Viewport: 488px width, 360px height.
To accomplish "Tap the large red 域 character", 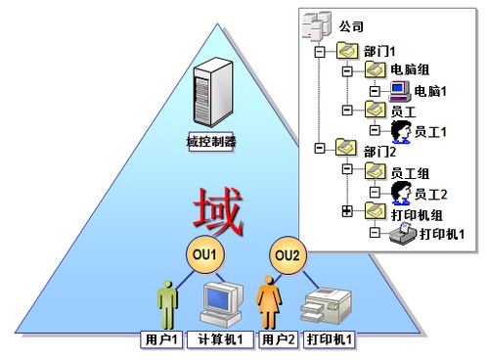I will click(215, 211).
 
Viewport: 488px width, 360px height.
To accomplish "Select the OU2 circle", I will click(287, 255).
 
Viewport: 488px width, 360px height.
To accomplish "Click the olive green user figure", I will click(166, 303).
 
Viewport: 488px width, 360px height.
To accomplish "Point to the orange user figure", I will click(268, 303).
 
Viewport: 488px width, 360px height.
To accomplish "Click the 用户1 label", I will click(160, 340).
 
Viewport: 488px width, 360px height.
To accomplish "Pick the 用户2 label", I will click(277, 340).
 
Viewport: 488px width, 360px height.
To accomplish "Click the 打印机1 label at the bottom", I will click(330, 340).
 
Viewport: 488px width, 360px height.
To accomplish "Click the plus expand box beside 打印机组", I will click(346, 211).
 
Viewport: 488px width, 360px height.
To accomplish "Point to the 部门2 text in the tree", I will click(377, 151).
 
